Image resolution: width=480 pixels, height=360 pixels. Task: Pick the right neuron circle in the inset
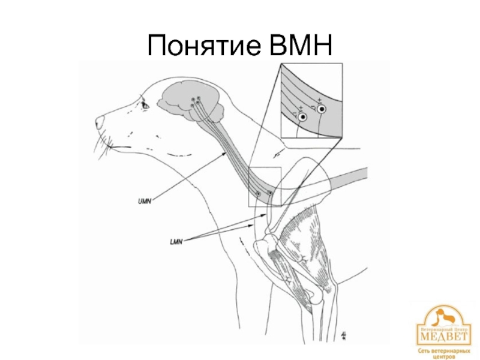(x=322, y=109)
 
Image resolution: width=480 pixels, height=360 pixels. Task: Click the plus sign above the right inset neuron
(x=319, y=99)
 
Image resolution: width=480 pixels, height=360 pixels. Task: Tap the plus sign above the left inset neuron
(x=299, y=107)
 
